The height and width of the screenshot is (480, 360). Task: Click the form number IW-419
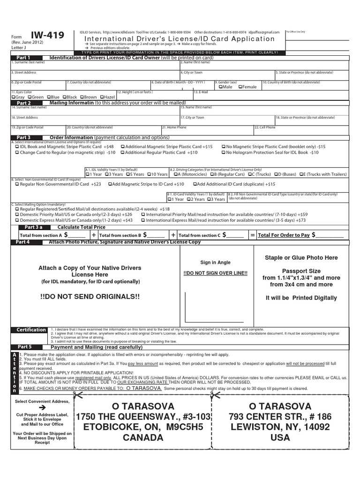[x=48, y=36]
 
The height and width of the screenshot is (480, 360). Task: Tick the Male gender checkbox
[x=220, y=87]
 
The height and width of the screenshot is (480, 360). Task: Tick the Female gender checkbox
[x=240, y=87]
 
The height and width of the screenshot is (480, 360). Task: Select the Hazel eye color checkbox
[x=101, y=97]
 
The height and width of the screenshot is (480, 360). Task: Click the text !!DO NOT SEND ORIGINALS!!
[x=90, y=297]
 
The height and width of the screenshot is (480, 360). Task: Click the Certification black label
[x=31, y=330]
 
